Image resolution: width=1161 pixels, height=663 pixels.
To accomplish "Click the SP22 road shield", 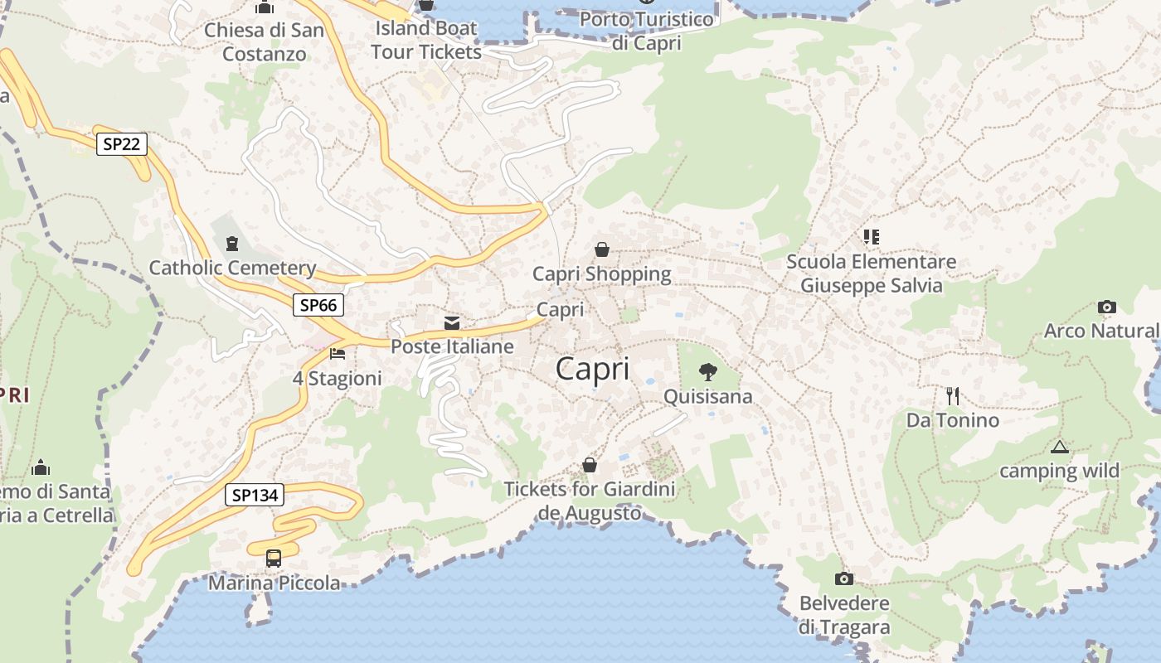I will pyautogui.click(x=121, y=144).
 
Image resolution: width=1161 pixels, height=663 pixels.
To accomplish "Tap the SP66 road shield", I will pyautogui.click(x=318, y=305).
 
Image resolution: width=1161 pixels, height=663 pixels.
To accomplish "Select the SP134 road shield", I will pyautogui.click(x=255, y=496).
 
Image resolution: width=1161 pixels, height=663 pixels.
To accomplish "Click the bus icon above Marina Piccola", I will pyautogui.click(x=274, y=558).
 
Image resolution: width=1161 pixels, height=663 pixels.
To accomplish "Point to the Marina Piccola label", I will pyautogui.click(x=274, y=583).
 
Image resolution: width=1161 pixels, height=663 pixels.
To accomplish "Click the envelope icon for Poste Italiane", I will pyautogui.click(x=452, y=322).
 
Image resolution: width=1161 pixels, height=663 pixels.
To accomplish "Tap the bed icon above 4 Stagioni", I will pyautogui.click(x=338, y=354).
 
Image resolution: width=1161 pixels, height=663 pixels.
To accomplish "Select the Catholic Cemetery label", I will pyautogui.click(x=232, y=268).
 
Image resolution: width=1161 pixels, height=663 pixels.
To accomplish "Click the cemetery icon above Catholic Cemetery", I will pyautogui.click(x=231, y=243).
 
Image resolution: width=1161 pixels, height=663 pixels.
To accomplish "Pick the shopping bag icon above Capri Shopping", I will pyautogui.click(x=602, y=249).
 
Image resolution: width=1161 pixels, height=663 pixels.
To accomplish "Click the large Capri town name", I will pyautogui.click(x=592, y=369).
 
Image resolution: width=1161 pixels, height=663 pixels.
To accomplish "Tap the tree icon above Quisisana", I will pyautogui.click(x=708, y=371).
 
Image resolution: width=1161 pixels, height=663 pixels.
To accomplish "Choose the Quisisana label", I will pyautogui.click(x=708, y=396).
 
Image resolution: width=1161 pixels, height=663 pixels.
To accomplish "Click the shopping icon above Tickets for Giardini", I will pyautogui.click(x=590, y=464).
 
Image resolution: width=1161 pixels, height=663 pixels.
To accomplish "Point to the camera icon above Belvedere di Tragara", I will pyautogui.click(x=844, y=578).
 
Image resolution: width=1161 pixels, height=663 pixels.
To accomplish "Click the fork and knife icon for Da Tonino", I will pyautogui.click(x=953, y=396).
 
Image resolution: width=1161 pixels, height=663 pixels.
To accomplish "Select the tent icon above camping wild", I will pyautogui.click(x=1059, y=448).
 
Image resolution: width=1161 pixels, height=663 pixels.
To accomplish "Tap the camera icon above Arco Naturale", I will pyautogui.click(x=1106, y=307).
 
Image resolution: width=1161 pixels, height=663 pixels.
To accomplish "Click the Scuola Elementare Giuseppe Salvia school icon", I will pyautogui.click(x=871, y=237).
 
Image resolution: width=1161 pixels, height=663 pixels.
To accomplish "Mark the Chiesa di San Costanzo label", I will pyautogui.click(x=265, y=41).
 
